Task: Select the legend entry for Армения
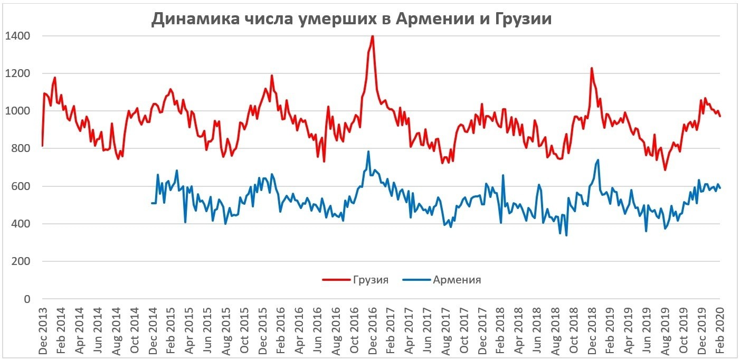click(x=457, y=280)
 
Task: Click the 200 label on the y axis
click(x=21, y=262)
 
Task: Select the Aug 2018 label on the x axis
click(x=556, y=330)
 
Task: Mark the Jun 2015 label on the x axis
click(x=208, y=330)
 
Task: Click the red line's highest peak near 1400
click(x=373, y=35)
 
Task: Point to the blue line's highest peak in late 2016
click(x=368, y=151)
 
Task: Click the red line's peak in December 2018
click(x=592, y=68)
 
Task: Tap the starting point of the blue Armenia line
click(x=152, y=203)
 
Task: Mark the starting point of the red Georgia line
click(x=42, y=146)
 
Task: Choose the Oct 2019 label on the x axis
click(x=684, y=330)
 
